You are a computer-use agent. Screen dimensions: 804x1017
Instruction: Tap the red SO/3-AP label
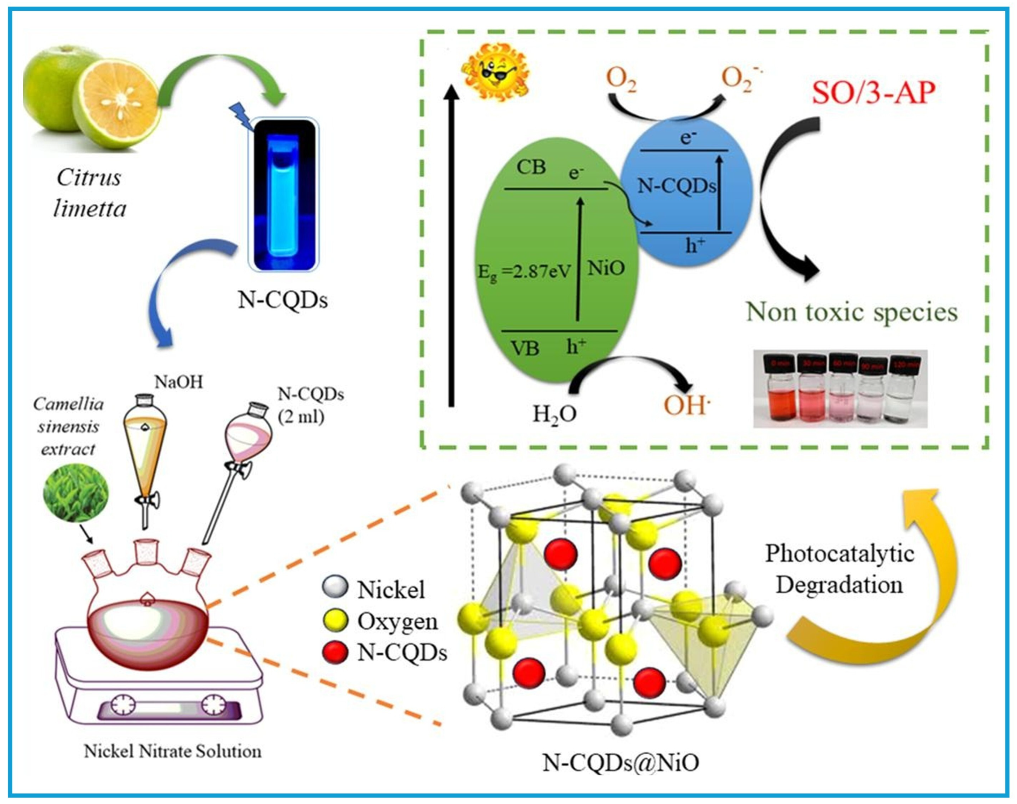coord(873,93)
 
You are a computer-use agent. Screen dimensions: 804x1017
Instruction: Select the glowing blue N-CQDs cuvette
coord(284,195)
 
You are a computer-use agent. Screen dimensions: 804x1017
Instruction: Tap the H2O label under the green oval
coord(554,414)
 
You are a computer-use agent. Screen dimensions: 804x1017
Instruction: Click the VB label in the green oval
coord(525,348)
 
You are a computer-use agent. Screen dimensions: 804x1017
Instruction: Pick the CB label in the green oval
coord(531,167)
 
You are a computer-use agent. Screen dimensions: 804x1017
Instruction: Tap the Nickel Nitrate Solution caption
coord(172,751)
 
